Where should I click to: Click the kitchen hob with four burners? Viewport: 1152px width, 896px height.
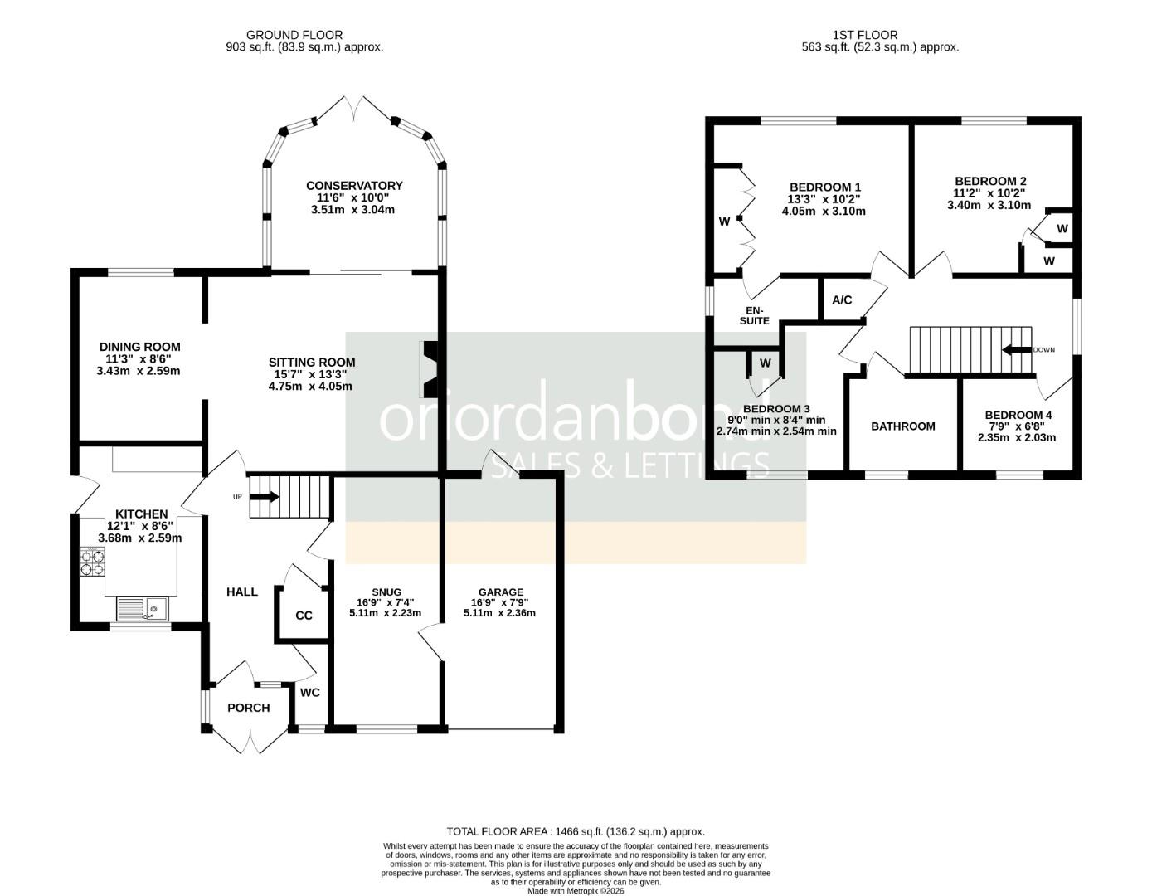click(93, 562)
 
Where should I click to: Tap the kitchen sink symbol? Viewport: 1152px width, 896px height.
click(142, 609)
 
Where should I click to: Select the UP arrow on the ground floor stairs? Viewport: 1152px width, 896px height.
click(265, 497)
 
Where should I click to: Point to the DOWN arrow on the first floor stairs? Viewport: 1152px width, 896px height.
click(1015, 349)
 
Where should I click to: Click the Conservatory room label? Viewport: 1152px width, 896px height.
click(354, 186)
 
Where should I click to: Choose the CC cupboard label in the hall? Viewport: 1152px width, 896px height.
click(304, 616)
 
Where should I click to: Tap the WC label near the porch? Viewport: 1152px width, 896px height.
click(309, 693)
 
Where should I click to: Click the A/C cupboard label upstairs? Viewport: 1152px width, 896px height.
click(842, 300)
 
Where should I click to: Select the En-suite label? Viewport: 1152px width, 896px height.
click(754, 315)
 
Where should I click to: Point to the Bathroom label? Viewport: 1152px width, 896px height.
click(902, 426)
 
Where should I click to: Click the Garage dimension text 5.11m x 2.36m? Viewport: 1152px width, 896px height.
click(499, 613)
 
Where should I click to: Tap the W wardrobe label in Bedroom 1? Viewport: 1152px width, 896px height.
click(724, 222)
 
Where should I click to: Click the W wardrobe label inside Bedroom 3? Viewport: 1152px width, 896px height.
click(765, 363)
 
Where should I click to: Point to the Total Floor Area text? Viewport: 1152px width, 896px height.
click(576, 831)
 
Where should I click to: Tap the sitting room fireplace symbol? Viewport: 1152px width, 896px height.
click(432, 369)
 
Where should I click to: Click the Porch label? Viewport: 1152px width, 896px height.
click(248, 708)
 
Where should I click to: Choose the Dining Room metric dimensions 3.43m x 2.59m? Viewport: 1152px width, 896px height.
click(139, 371)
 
